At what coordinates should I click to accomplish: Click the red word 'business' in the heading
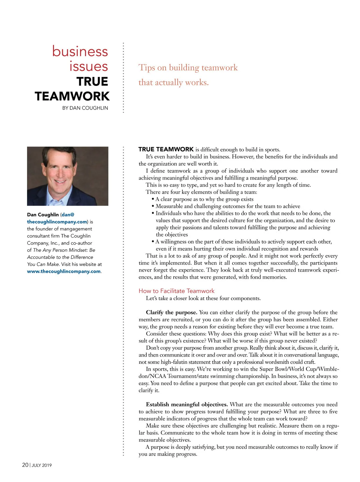80,51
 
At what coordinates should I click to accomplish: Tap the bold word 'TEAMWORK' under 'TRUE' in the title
72,96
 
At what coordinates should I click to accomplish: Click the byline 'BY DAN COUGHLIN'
85,108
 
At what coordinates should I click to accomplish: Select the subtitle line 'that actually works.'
173,82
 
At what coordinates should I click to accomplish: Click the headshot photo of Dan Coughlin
67,176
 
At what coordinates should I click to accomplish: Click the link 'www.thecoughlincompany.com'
64,271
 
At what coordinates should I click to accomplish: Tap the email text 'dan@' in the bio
68,215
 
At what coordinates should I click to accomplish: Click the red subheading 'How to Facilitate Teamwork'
176,291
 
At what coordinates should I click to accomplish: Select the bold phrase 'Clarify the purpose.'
171,312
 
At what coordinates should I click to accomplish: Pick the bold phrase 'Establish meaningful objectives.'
187,405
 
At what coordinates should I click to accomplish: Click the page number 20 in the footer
25,465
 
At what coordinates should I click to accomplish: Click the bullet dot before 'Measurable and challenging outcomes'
153,206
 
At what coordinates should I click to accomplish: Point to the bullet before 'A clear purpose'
153,199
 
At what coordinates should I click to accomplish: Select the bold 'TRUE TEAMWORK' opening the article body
166,149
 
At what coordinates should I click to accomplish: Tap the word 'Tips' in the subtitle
147,68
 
